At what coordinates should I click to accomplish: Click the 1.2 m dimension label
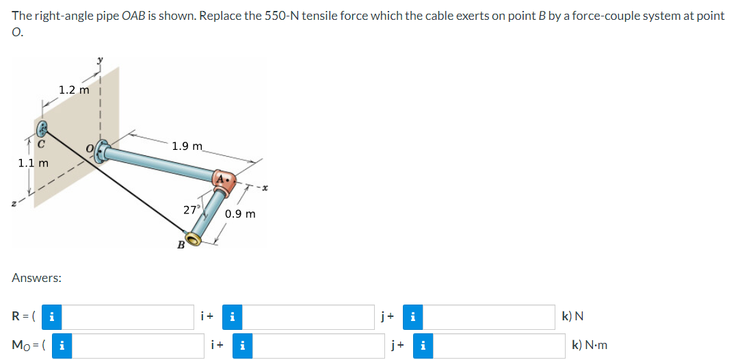[74, 90]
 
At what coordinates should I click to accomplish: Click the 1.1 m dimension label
[33, 163]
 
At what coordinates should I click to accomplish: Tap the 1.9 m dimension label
[187, 146]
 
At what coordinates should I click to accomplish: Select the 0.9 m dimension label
[240, 214]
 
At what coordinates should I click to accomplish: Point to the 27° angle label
[192, 209]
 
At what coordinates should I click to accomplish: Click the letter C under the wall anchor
[41, 144]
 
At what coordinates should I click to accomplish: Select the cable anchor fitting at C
[42, 128]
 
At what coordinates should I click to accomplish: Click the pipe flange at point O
[103, 151]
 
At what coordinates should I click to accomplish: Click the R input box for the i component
[130, 317]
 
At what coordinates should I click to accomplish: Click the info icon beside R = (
[51, 317]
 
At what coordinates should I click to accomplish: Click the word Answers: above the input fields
[37, 279]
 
